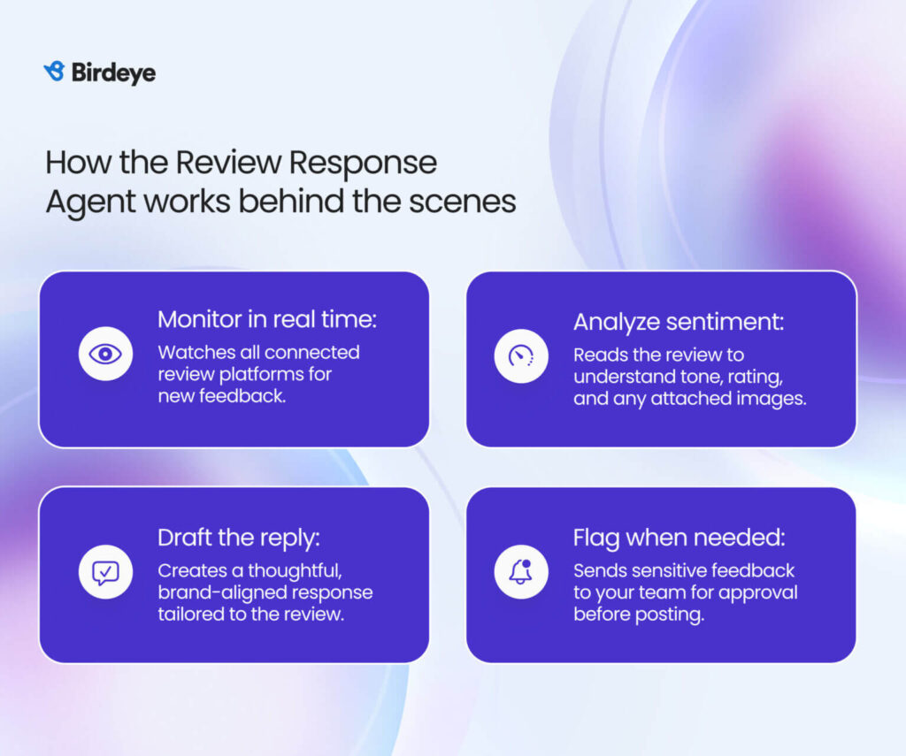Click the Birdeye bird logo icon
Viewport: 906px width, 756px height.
click(54, 72)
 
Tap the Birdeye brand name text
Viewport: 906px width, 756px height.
click(112, 73)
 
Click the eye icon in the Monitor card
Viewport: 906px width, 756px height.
click(105, 355)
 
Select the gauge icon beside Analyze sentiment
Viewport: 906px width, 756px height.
click(521, 355)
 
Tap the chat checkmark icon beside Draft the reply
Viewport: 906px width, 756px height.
click(105, 571)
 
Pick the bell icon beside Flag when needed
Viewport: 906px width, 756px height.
click(521, 571)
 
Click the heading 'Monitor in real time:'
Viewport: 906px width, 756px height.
click(266, 320)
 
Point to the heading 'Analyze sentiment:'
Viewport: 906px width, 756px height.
click(678, 322)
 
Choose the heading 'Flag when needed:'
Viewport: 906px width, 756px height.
click(679, 538)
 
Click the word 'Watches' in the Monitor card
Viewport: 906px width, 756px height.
click(191, 352)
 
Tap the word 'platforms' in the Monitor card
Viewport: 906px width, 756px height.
click(253, 374)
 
